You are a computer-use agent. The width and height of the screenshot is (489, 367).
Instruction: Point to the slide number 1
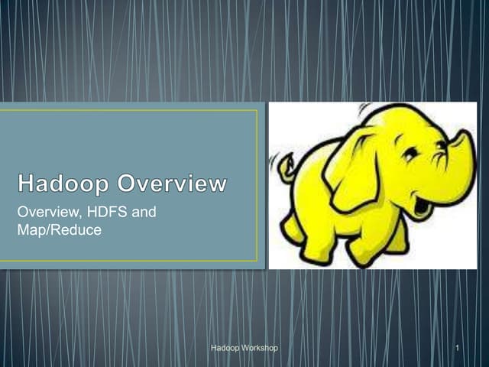[456, 349]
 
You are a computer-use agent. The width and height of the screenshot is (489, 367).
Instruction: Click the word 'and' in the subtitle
[144, 212]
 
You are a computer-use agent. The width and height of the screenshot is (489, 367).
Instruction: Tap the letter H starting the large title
[28, 184]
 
